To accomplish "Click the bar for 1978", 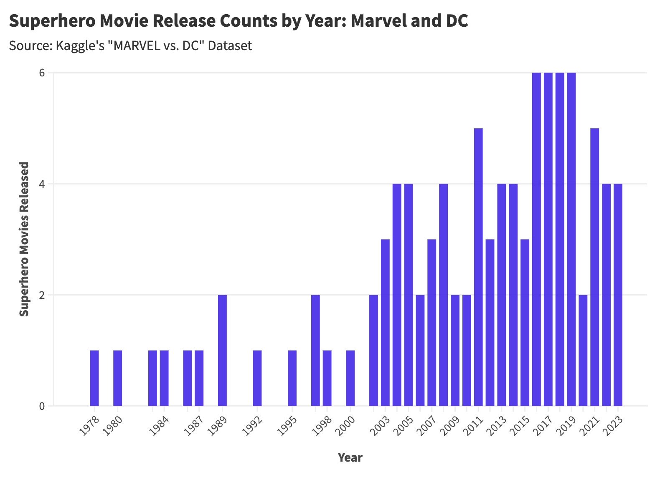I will click(94, 378).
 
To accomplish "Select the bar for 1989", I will click(222, 350).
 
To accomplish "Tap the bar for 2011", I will click(478, 267).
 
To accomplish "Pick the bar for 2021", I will click(595, 267).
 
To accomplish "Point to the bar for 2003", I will click(385, 323).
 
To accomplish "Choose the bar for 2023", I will click(618, 295).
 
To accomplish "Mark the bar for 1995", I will click(292, 378).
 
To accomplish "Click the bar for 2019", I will click(571, 239).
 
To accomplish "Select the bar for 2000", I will click(350, 378).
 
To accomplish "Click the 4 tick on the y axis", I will click(42, 184).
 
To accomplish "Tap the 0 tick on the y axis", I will click(42, 406).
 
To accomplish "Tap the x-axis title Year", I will click(350, 457).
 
